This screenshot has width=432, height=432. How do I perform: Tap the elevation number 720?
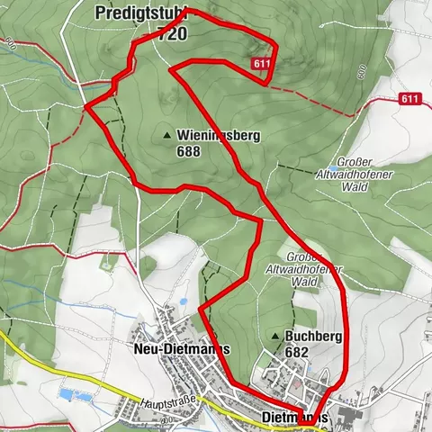point(172,34)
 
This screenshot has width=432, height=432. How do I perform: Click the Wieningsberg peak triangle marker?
point(167,137)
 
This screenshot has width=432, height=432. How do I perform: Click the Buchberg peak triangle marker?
point(274,336)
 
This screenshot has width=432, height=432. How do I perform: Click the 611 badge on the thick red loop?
point(261,64)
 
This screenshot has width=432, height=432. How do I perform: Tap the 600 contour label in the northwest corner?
point(10,42)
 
